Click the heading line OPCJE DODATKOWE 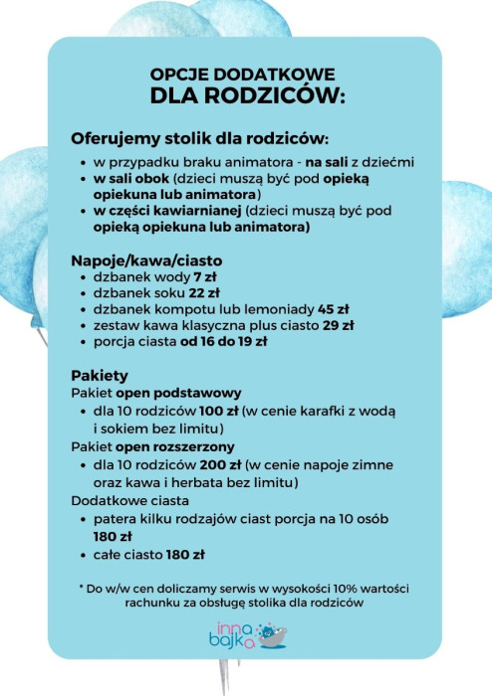coord(242,75)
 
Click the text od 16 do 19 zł coord(224,341)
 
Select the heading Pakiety coord(100,376)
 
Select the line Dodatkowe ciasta coord(128,500)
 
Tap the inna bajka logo coord(246,635)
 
